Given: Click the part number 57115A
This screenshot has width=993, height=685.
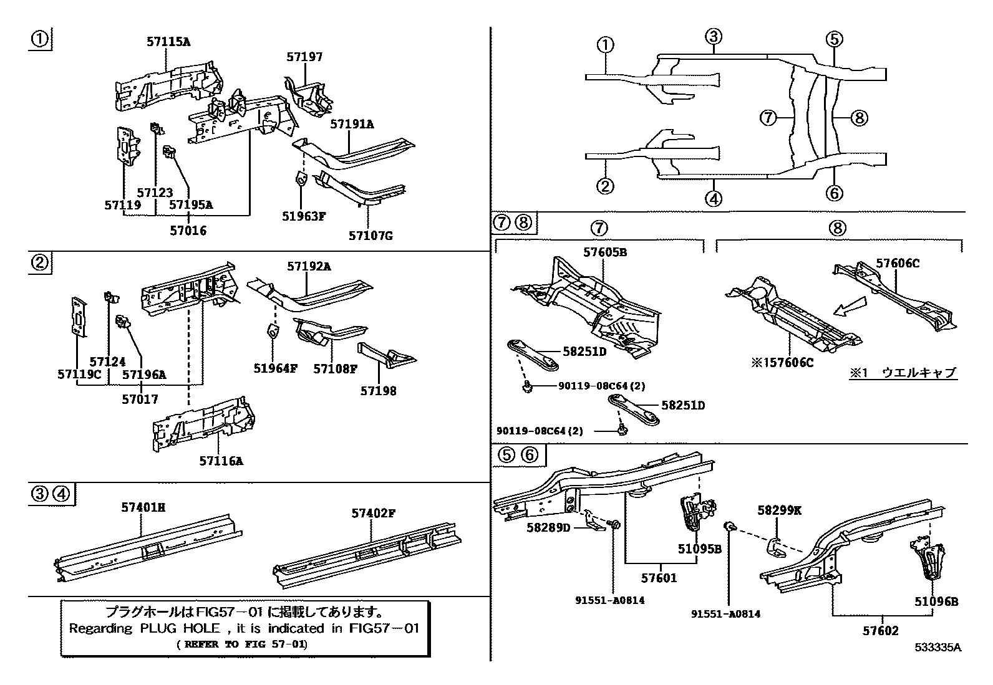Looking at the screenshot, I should [x=168, y=42].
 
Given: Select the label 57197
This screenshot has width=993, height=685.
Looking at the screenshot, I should [x=304, y=57].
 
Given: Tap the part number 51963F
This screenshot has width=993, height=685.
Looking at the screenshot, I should [x=304, y=216].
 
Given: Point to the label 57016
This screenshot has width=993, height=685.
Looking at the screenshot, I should [x=188, y=231].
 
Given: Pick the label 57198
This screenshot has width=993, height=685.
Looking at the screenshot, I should [x=378, y=391].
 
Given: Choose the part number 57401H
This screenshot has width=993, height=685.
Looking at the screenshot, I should [x=143, y=508].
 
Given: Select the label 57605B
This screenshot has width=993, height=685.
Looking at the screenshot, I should [x=604, y=252].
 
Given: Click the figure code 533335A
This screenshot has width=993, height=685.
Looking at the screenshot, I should [x=938, y=647].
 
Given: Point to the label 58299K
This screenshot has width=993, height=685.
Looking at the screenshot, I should [x=779, y=510].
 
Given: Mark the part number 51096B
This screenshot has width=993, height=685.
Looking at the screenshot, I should [x=936, y=601].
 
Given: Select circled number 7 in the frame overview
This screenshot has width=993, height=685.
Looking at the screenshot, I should [x=768, y=117].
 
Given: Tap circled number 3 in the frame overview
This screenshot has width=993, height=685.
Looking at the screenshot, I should [x=714, y=36].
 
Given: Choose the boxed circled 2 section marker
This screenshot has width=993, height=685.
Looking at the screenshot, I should [x=39, y=263].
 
